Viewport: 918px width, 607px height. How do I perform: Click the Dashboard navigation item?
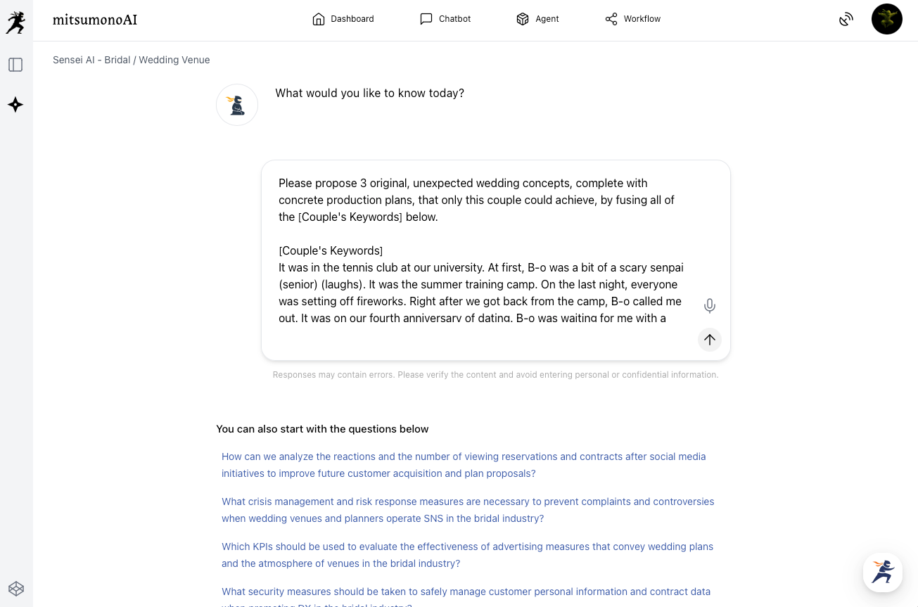pos(343,19)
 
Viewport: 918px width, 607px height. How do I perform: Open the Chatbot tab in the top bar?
pos(445,19)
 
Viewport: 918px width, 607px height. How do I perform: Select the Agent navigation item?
pos(537,19)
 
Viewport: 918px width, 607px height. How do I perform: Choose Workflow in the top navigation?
pos(633,19)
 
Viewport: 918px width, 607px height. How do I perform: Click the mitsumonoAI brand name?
pos(95,20)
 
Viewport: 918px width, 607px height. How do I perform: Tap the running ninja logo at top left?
pos(15,22)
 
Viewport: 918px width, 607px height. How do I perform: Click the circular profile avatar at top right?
pos(886,19)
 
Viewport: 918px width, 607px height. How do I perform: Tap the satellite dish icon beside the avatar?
pos(846,20)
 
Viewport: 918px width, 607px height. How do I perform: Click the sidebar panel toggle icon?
pos(15,65)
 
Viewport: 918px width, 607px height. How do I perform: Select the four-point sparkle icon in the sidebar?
pos(15,105)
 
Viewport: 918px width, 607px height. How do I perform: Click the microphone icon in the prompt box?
pos(710,306)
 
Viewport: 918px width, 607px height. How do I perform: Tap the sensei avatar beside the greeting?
pos(237,105)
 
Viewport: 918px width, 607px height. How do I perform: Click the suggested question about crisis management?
pos(467,510)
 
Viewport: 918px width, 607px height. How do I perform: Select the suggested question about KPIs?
pos(467,555)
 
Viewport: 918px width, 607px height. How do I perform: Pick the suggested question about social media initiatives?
pos(464,465)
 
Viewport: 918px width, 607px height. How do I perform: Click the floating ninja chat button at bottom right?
pos(883,572)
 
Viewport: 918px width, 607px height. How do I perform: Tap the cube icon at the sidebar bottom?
pos(15,588)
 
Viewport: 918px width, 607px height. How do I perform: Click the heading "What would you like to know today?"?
pos(369,93)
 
